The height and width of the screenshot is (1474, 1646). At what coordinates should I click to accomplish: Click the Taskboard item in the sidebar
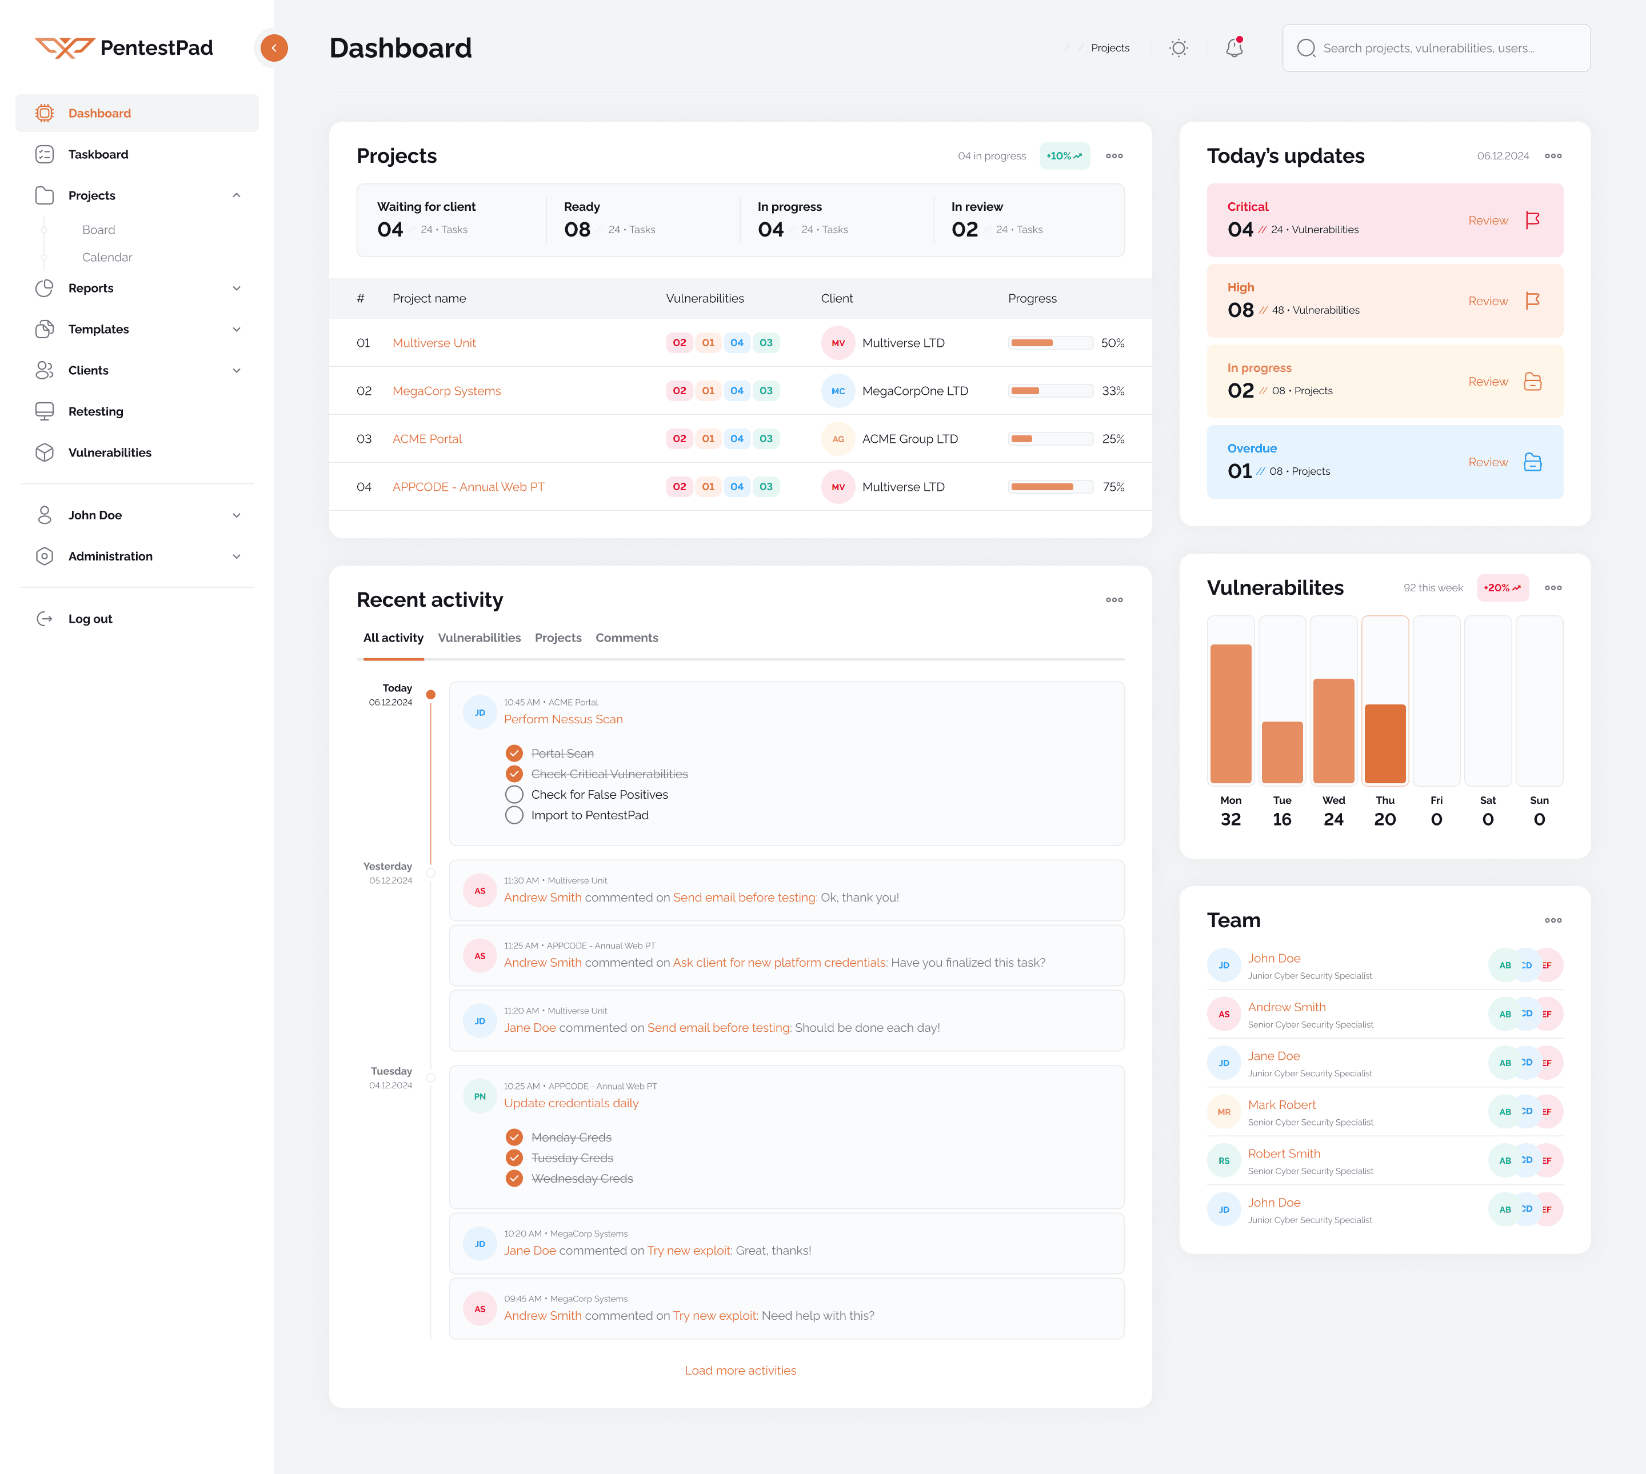[98, 154]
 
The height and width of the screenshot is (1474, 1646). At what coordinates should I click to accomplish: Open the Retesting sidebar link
[95, 411]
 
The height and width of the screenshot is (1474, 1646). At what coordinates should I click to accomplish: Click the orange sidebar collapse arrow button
[274, 48]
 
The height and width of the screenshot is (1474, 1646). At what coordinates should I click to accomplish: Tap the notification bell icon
[1234, 48]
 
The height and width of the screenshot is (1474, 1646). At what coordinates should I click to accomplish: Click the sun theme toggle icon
[1178, 48]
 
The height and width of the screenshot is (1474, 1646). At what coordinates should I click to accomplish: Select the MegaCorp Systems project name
[446, 390]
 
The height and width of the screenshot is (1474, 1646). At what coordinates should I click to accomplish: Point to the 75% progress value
[1113, 487]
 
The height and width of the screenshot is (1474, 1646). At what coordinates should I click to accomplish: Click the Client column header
[836, 298]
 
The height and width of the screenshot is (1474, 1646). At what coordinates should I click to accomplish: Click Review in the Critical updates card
[1487, 221]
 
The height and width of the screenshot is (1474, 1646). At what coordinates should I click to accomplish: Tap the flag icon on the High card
[1532, 301]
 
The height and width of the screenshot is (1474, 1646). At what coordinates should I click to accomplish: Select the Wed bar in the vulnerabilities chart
[1332, 730]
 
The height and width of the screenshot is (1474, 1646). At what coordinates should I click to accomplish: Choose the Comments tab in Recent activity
[626, 638]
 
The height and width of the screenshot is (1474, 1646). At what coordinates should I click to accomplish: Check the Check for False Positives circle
[514, 795]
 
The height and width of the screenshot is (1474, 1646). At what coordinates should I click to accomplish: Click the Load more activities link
[740, 1371]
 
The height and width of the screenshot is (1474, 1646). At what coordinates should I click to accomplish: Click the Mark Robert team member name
[1281, 1105]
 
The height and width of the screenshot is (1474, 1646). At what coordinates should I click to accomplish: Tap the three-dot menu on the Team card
[1552, 920]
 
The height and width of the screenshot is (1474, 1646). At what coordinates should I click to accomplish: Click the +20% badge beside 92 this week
[1502, 588]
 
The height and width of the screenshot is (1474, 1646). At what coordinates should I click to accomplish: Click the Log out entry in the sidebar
[90, 619]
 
